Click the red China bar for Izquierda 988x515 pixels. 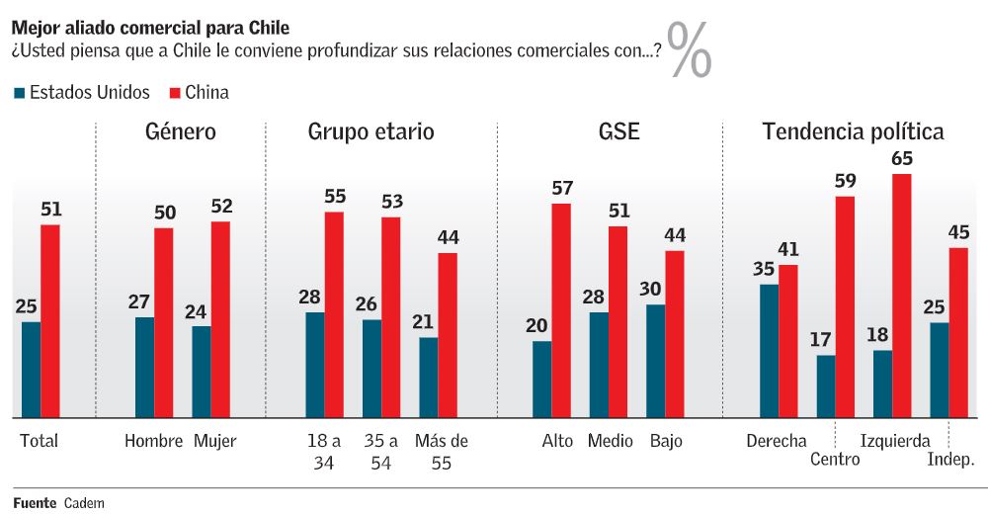(901, 296)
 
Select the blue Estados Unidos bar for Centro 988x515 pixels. (825, 386)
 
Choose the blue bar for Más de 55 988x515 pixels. (428, 378)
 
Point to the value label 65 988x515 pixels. (901, 159)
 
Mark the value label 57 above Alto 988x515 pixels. (561, 188)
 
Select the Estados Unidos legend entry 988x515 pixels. (82, 93)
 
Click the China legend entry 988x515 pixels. (200, 93)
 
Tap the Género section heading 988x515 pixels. (180, 131)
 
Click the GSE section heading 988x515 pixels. (619, 131)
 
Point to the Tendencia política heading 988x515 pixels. (853, 131)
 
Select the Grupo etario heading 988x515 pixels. (370, 131)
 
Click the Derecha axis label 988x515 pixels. (777, 441)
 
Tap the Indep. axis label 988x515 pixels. (950, 460)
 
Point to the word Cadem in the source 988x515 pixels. (84, 502)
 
